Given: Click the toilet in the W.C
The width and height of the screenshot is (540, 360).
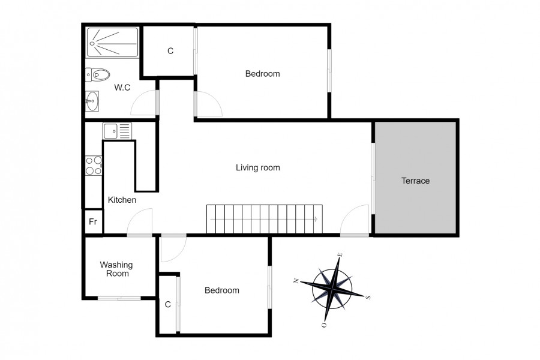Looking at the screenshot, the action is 97,74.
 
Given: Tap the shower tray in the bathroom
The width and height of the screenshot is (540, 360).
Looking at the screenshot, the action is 113,43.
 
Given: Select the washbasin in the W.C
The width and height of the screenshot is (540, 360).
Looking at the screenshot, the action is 92,101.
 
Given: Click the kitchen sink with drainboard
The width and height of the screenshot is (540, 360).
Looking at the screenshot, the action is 117,131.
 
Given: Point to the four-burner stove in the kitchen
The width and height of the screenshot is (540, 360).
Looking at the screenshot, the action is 94,166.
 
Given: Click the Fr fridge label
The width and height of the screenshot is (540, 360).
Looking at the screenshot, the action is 93,222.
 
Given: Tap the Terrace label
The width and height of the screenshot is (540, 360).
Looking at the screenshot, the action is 416,181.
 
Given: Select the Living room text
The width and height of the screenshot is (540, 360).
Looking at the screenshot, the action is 258,168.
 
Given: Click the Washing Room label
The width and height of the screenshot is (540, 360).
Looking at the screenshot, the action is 116,269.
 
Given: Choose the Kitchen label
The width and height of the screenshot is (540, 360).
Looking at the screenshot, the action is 122,200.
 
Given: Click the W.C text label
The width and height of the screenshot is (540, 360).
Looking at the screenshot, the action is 122,88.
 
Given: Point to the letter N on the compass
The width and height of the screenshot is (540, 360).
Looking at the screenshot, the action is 296,281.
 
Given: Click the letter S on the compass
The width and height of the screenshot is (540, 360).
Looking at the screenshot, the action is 368,297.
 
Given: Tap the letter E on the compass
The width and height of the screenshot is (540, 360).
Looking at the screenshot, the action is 340,255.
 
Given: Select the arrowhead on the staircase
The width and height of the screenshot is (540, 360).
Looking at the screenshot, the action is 316,219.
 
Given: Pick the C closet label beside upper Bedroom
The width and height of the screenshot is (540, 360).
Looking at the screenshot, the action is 170,51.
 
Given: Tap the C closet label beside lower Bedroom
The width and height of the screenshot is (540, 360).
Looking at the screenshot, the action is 168,305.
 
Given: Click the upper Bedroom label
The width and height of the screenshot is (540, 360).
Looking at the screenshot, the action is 262,74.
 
